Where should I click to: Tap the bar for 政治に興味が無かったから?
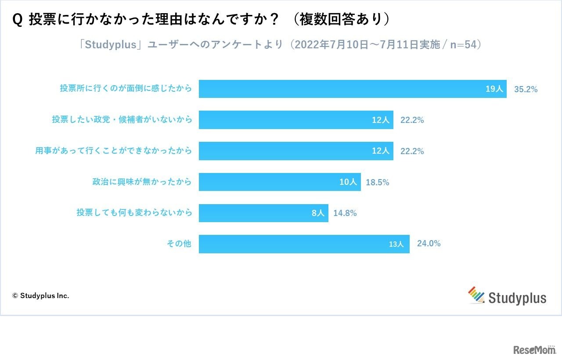click(268, 182)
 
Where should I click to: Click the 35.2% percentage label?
click(526, 89)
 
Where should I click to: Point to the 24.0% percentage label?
click(429, 244)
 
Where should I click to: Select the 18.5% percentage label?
click(377, 182)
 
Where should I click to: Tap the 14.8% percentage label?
click(345, 213)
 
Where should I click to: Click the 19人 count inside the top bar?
click(494, 89)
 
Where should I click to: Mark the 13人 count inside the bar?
click(396, 245)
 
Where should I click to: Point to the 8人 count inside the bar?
click(317, 213)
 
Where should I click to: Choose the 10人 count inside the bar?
click(348, 182)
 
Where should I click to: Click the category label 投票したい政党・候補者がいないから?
click(122, 119)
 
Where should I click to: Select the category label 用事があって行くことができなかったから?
click(114, 151)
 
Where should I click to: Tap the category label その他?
click(179, 244)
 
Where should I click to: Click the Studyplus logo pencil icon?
click(476, 295)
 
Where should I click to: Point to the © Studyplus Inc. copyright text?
click(40, 296)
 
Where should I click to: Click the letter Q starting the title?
click(18, 20)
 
